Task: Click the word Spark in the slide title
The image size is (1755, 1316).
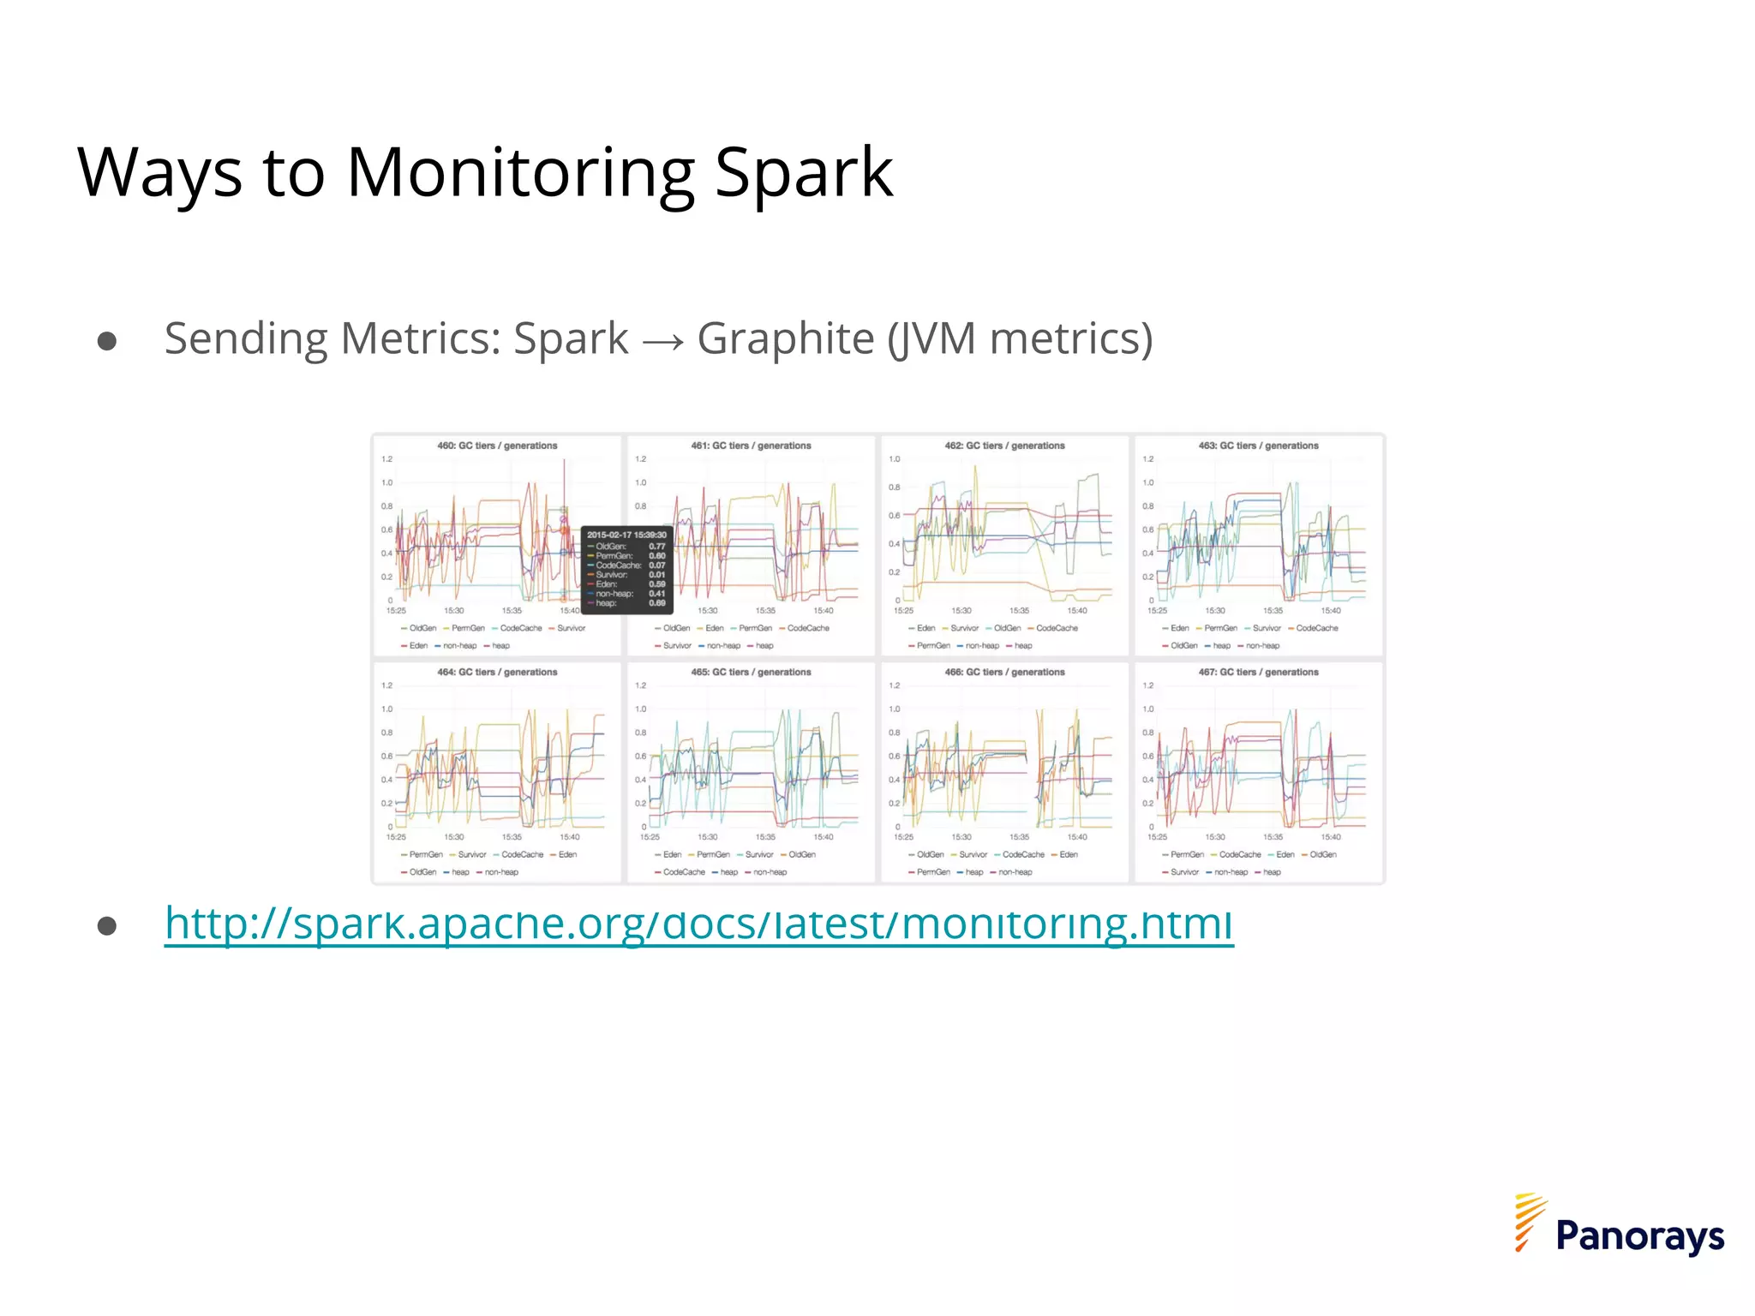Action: coord(803,172)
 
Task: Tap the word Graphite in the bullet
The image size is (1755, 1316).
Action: coord(785,338)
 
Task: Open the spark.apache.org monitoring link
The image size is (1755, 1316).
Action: coord(698,923)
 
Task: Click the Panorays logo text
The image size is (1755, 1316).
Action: coord(1639,1235)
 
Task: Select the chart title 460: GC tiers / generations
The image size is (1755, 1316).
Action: coord(497,446)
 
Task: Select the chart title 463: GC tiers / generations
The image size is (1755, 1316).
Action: coord(1258,446)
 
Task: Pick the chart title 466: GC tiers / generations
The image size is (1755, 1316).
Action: coord(1004,672)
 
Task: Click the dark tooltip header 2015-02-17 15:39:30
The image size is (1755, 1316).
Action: coord(626,535)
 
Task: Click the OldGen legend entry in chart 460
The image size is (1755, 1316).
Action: coord(422,628)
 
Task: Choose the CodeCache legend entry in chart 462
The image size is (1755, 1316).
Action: coord(1056,628)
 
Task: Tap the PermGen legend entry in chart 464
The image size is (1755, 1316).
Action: coord(425,854)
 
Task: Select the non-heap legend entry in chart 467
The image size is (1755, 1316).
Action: coord(1230,872)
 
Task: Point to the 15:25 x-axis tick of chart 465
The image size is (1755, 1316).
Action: coord(650,837)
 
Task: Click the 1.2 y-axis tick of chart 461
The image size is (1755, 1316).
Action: coord(640,459)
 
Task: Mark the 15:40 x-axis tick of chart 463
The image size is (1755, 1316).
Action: coord(1331,611)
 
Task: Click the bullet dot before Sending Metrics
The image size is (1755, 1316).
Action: coord(107,342)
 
